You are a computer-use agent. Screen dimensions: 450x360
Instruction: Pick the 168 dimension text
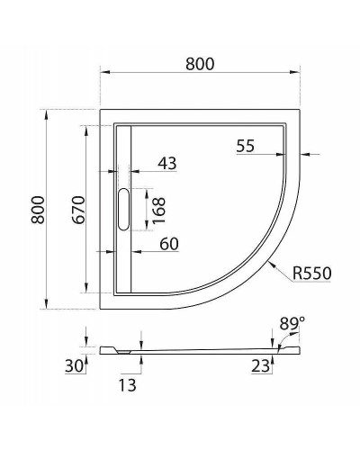coord(157,209)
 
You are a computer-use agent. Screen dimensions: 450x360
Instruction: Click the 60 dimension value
coord(168,244)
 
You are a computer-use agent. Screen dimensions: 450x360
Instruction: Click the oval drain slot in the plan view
coord(124,210)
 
